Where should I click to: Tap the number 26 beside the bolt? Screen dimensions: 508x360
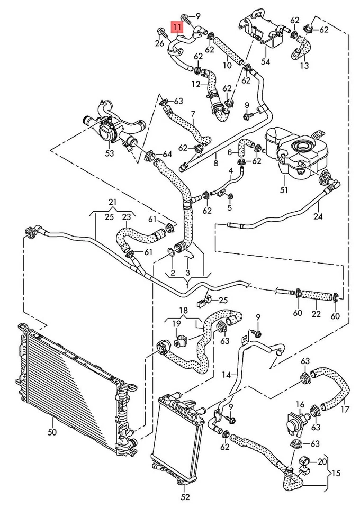click(x=160, y=43)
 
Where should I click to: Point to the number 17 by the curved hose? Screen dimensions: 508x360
click(x=345, y=409)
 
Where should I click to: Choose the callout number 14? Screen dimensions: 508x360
click(x=226, y=375)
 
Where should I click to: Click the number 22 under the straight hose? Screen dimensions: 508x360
click(x=316, y=314)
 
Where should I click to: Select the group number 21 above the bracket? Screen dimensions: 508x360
click(x=112, y=202)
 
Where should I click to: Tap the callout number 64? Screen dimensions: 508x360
click(x=167, y=155)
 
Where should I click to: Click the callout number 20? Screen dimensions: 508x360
click(x=322, y=461)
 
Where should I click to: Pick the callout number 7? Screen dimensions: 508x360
click(x=193, y=114)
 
